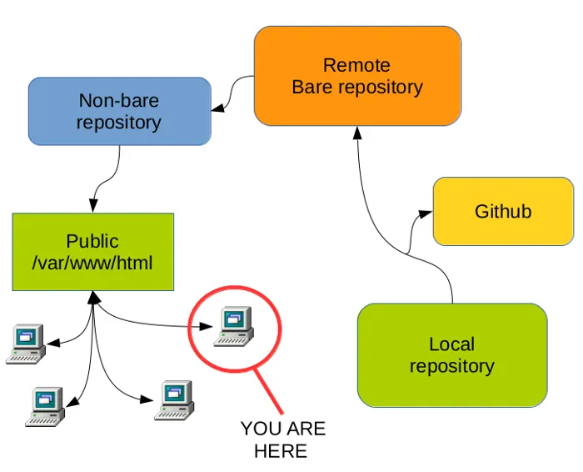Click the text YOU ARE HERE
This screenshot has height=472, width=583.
point(283,439)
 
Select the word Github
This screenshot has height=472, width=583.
point(503,211)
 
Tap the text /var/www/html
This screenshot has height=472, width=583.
point(92,263)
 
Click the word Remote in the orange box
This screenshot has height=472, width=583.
point(356,65)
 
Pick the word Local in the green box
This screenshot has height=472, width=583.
point(451,344)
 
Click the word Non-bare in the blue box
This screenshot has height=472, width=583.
point(118,101)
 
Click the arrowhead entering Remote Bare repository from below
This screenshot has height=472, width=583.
point(356,133)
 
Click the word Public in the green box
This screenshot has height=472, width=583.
point(92,241)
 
